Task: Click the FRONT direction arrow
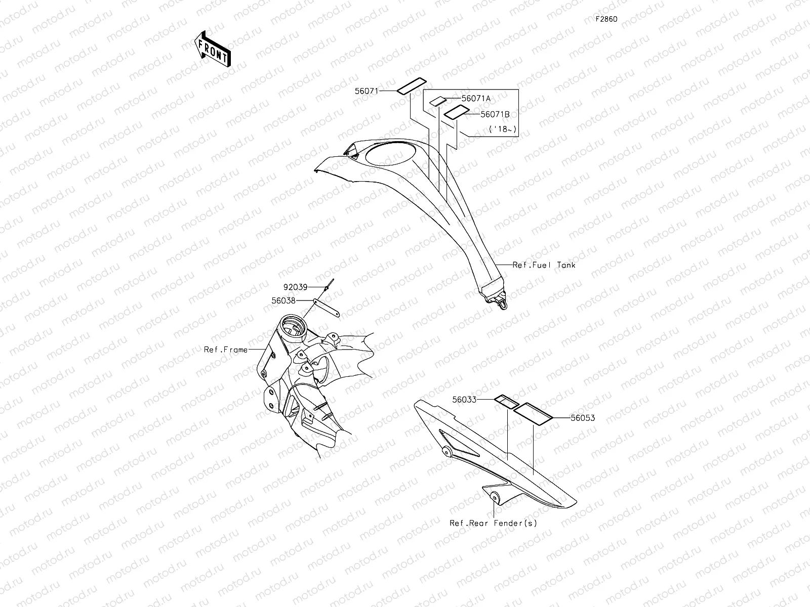point(212,48)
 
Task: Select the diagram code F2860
point(606,19)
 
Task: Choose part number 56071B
point(495,115)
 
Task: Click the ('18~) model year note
point(503,129)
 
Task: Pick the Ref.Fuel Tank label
point(544,265)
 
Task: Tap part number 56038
point(283,300)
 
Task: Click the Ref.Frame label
point(226,350)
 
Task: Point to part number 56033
point(464,399)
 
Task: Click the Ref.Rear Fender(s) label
point(493,523)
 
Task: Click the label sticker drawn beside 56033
point(506,402)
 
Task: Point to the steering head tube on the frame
point(291,324)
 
